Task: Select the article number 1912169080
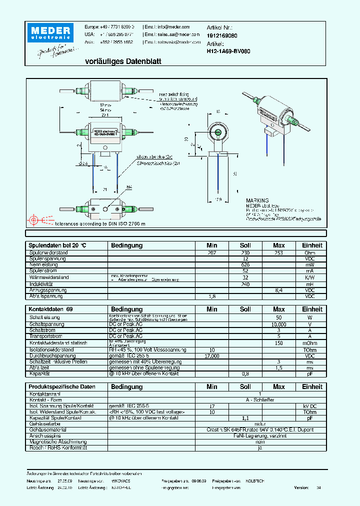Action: coord(222,36)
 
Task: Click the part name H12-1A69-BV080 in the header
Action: coord(228,51)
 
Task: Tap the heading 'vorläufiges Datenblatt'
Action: coord(116,61)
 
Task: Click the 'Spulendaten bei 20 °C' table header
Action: coord(57,245)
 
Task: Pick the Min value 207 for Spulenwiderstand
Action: coord(212,253)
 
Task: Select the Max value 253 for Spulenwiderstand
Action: coord(278,253)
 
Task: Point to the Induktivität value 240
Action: coord(245,284)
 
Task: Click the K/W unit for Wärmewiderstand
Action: coord(312,277)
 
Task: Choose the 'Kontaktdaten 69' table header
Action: coord(50,309)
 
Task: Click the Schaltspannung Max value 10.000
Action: coord(278,324)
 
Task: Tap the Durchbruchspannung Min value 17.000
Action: coord(212,355)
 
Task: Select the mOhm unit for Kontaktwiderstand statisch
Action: coord(312,343)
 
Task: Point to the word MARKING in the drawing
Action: coord(257,200)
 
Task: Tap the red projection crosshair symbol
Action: coord(34,219)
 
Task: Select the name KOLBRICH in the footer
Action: coord(254,480)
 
